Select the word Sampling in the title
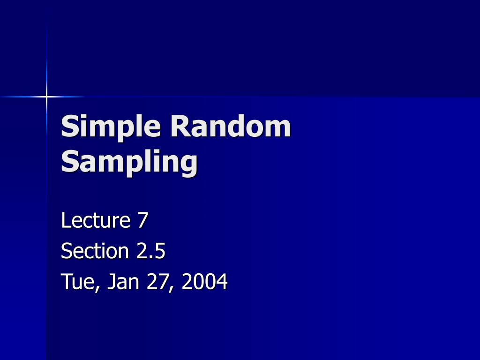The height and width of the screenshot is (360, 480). [x=129, y=162]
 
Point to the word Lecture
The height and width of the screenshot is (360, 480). [x=96, y=220]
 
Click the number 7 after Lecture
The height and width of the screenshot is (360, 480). [x=142, y=220]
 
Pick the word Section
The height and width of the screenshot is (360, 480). [x=95, y=251]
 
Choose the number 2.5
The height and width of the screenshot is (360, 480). [x=151, y=251]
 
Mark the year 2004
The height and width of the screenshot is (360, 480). [x=205, y=282]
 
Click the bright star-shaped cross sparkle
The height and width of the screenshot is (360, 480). [x=46, y=97]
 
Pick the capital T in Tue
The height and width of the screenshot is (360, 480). [x=66, y=282]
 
